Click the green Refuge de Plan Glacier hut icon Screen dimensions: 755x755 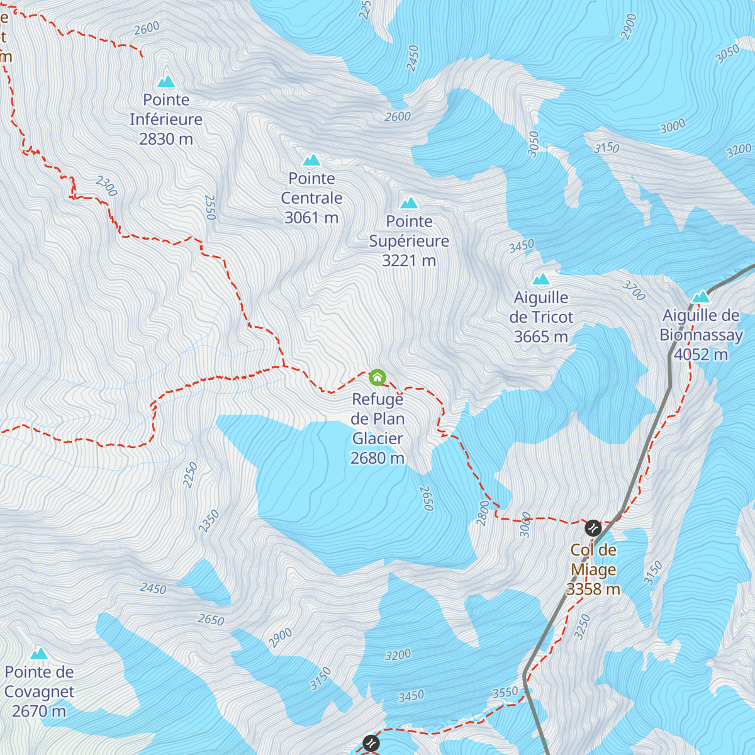click(377, 377)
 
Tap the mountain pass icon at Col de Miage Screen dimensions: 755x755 click(593, 527)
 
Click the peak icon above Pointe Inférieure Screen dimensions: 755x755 click(166, 81)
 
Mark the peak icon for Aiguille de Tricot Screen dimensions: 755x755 click(541, 279)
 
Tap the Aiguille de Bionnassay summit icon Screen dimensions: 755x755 click(701, 297)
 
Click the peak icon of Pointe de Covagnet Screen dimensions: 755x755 click(39, 653)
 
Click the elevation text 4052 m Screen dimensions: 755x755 click(701, 355)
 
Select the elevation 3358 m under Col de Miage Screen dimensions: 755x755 click(593, 589)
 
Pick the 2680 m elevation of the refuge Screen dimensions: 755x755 click(377, 458)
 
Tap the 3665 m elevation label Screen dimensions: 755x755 click(541, 337)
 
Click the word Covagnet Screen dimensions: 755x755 click(39, 691)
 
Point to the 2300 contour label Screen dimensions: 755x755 click(106, 186)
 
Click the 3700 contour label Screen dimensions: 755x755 click(634, 290)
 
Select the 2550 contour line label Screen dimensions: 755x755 click(210, 208)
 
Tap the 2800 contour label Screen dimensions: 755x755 click(483, 512)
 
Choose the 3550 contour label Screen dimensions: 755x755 click(505, 692)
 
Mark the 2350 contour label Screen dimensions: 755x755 click(209, 521)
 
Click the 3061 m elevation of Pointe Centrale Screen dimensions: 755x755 click(311, 218)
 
